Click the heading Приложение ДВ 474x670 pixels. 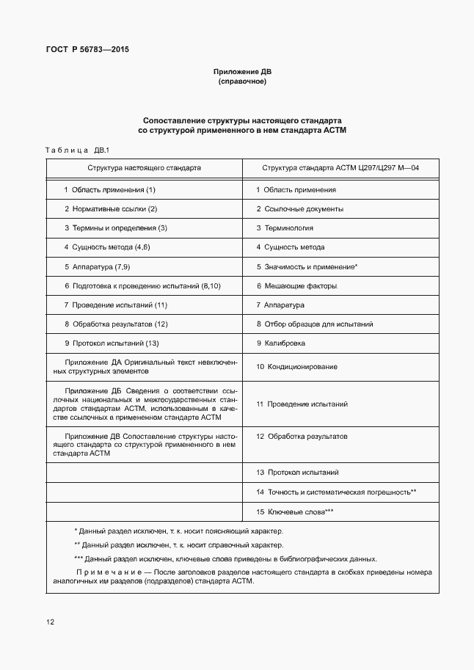click(x=242, y=72)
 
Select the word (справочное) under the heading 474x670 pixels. click(x=242, y=81)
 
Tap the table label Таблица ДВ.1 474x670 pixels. click(x=76, y=150)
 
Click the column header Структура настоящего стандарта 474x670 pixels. click(x=144, y=167)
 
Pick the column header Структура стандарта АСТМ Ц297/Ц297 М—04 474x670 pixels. click(x=340, y=167)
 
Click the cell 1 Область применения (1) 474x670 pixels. click(x=109, y=190)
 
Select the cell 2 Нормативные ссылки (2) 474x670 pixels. click(x=111, y=209)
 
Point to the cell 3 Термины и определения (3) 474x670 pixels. click(x=115, y=228)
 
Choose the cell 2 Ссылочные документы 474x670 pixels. click(x=299, y=209)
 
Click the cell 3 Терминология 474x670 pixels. click(x=285, y=228)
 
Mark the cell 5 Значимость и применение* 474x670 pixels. click(x=307, y=267)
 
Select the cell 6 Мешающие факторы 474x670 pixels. click(x=296, y=286)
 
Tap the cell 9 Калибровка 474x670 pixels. click(x=281, y=343)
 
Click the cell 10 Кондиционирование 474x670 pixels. click(x=296, y=366)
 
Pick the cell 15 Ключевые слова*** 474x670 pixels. click(x=295, y=511)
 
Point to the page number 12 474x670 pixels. click(x=50, y=622)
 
